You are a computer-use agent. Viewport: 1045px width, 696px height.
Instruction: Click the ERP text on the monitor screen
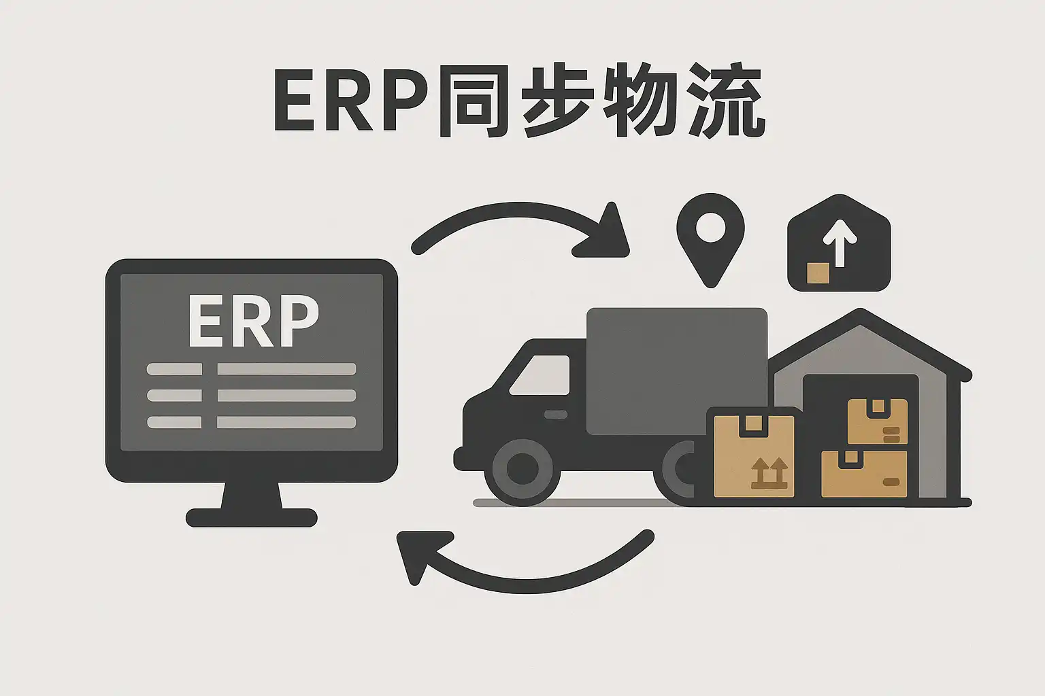[253, 320]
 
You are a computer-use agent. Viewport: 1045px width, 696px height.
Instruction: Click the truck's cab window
[541, 375]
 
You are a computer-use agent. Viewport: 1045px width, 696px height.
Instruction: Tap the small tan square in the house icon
[818, 273]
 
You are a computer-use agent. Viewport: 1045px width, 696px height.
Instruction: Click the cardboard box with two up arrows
[753, 456]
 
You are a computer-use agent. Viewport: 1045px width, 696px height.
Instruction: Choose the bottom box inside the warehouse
[864, 474]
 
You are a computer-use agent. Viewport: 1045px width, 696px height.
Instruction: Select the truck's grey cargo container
[676, 370]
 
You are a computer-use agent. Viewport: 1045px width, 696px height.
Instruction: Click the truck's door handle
[556, 415]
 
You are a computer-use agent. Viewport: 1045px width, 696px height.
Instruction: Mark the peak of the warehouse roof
[861, 313]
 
